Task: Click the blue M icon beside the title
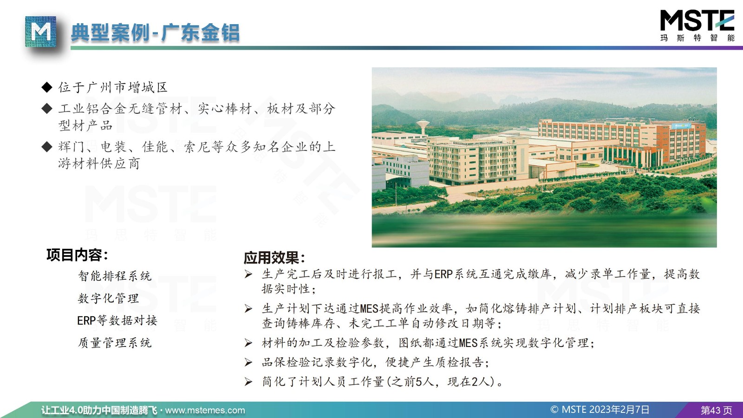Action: coord(40,32)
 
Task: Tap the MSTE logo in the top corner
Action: coord(697,26)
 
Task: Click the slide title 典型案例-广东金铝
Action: coord(155,33)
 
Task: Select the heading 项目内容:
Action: coord(77,255)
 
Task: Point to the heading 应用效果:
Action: coord(274,257)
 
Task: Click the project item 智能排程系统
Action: coord(115,276)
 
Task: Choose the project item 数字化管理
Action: coord(108,298)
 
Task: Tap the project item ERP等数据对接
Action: coord(117,320)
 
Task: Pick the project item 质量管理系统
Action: coord(115,342)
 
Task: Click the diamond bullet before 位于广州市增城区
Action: coord(47,87)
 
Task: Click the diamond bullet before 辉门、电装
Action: coord(47,146)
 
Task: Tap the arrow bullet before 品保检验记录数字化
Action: coord(248,362)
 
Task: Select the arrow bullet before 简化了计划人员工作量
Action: coord(248,382)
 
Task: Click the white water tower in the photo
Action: coord(423,127)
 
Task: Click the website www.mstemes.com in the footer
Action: coord(205,411)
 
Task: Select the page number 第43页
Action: coord(716,411)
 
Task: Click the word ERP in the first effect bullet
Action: coord(443,274)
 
